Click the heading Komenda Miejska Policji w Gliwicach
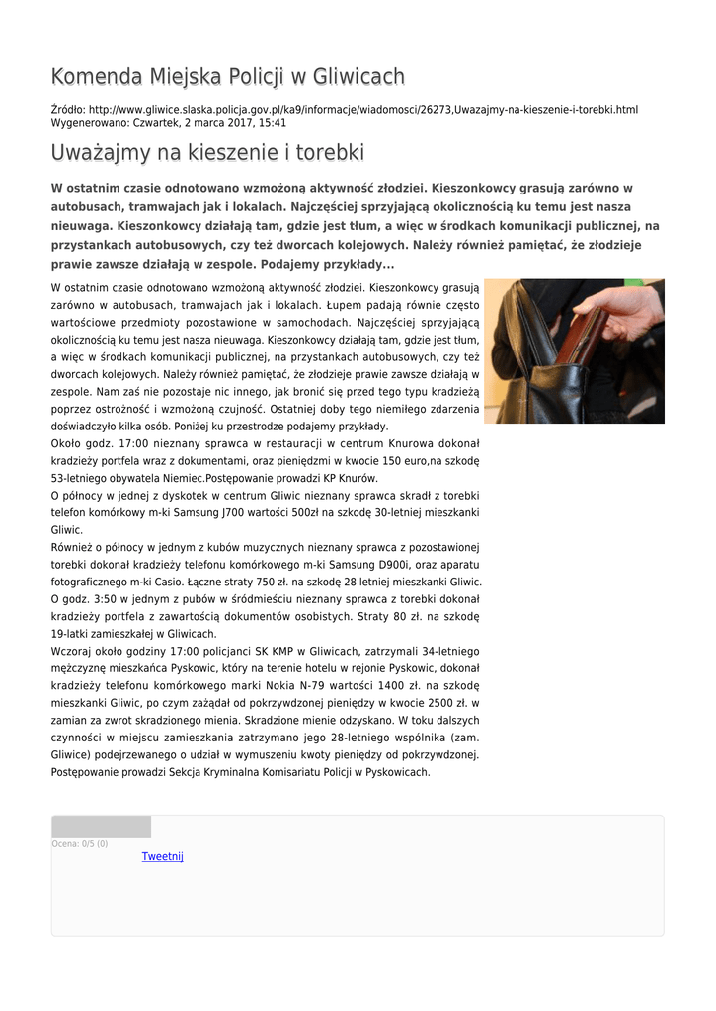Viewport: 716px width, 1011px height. (227, 77)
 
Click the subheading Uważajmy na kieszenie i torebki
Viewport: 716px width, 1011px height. (207, 153)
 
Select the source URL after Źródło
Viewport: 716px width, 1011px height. (363, 109)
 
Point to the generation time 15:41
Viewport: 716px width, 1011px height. (273, 123)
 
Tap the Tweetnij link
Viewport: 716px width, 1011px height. (162, 856)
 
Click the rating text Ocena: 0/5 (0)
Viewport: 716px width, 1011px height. (80, 844)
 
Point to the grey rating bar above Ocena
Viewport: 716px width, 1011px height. (101, 826)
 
